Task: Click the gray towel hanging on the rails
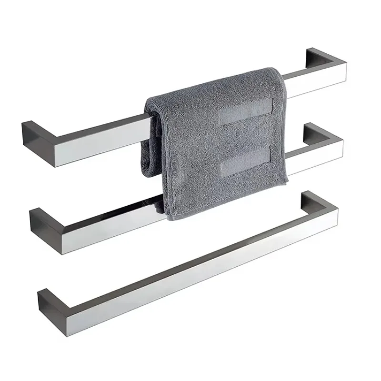pyautogui.click(x=214, y=143)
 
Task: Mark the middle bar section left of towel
pyautogui.click(x=105, y=224)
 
